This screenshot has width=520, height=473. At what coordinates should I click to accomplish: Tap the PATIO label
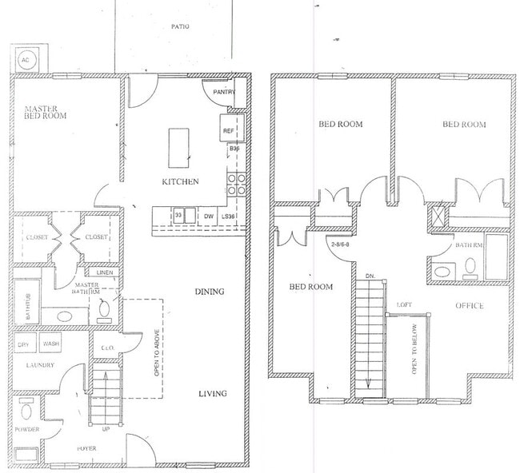(x=180, y=27)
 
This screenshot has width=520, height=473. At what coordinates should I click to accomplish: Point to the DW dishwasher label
(x=208, y=216)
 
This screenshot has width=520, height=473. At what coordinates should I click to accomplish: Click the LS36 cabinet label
(x=229, y=216)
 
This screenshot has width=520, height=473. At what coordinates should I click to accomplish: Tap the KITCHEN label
(x=181, y=181)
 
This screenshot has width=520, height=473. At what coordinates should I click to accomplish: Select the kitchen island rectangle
(x=178, y=145)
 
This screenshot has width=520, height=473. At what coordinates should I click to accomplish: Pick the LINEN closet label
(x=105, y=272)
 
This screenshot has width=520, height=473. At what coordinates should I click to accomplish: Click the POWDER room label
(x=26, y=430)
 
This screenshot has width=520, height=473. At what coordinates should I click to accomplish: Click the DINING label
(x=209, y=292)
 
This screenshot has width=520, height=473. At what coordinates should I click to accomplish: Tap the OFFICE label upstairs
(x=470, y=305)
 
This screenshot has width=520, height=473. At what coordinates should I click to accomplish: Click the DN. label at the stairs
(x=370, y=276)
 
